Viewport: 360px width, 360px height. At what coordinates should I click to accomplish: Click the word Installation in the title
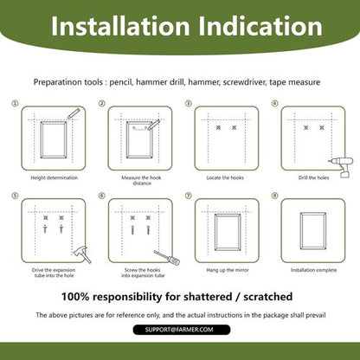[120, 26]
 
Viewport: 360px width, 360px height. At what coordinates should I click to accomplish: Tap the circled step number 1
[15, 103]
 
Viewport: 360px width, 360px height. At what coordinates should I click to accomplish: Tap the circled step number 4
[275, 103]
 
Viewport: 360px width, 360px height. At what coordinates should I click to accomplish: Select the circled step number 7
[189, 196]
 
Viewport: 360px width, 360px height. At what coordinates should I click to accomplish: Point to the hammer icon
[82, 254]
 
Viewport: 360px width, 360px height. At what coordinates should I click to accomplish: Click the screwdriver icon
[167, 258]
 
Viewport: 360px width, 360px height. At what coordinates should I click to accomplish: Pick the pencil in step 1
[74, 113]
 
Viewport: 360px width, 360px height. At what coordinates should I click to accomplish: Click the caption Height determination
[55, 177]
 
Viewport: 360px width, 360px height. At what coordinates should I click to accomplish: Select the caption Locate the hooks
[225, 177]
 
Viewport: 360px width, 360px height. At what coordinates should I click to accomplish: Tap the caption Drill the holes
[313, 177]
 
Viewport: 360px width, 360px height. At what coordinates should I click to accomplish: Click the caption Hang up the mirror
[228, 270]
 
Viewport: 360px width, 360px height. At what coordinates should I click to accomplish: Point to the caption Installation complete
[313, 270]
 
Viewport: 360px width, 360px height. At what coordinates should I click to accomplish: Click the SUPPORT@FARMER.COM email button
[182, 330]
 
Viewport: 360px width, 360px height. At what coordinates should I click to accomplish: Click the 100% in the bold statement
[75, 297]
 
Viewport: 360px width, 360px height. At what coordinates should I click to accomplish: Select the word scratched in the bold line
[268, 297]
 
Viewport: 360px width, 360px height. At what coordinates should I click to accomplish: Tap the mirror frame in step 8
[301, 231]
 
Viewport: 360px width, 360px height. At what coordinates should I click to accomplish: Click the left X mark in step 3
[218, 127]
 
